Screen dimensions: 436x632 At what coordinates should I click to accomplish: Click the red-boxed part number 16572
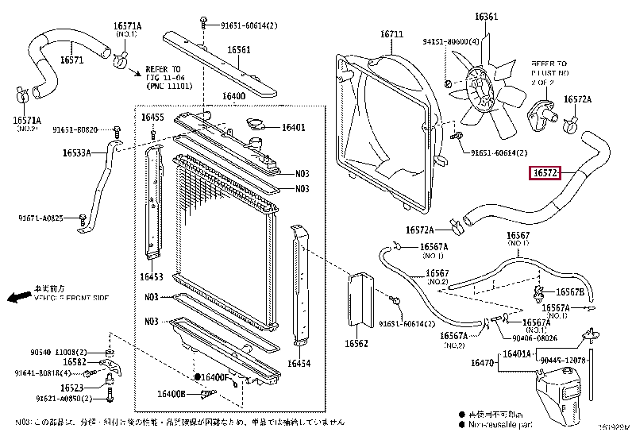(547, 172)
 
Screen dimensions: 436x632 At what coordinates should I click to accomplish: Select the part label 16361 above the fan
(486, 16)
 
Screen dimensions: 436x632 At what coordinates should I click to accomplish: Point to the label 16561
(239, 50)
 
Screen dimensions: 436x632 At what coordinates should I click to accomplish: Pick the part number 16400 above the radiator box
(233, 97)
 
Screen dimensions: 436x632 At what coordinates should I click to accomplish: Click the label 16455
(152, 118)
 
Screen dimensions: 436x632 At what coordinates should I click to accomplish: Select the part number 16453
(152, 277)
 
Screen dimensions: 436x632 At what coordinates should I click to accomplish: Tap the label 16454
(299, 363)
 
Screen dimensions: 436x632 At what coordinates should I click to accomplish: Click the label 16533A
(78, 152)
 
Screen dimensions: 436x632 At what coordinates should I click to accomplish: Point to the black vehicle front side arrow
(15, 298)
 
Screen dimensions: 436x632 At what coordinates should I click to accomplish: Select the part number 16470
(483, 363)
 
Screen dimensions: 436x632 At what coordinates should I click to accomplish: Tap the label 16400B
(171, 393)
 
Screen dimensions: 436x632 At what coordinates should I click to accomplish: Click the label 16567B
(569, 292)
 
